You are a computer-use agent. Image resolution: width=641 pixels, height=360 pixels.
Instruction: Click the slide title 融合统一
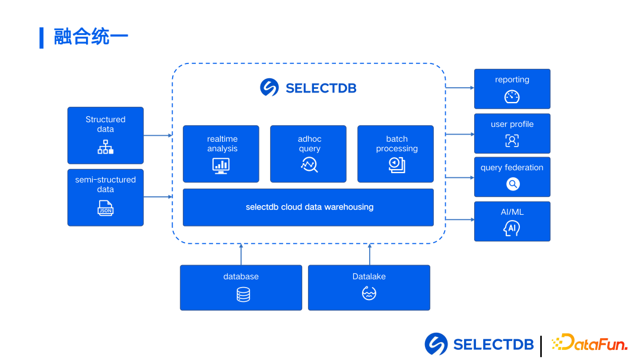[91, 37]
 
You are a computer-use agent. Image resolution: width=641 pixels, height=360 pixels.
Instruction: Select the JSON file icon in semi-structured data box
[105, 208]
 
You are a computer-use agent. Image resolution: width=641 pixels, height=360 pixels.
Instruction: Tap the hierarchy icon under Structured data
[105, 147]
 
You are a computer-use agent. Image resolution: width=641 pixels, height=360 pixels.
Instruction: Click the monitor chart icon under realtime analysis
[221, 165]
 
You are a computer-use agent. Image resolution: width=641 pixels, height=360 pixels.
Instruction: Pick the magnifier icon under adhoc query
[309, 165]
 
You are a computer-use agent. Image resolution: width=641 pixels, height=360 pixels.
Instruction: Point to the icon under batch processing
[396, 165]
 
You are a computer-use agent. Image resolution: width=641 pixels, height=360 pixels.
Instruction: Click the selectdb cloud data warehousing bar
[308, 207]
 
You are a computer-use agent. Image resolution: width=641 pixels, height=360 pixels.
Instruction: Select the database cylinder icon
[243, 294]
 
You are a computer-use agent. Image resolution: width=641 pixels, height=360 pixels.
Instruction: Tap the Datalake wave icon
[369, 293]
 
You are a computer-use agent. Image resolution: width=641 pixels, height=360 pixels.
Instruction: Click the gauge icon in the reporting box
[512, 97]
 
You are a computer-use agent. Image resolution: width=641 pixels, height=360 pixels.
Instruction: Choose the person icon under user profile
[512, 141]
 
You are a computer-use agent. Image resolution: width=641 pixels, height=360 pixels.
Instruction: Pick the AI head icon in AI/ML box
[511, 228]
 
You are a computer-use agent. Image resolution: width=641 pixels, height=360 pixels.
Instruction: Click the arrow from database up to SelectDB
[241, 254]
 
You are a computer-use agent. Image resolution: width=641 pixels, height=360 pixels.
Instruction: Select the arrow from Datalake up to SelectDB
[369, 254]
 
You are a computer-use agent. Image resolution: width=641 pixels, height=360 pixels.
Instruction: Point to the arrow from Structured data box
[158, 135]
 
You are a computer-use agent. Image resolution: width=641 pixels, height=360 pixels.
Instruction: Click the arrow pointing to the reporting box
[460, 88]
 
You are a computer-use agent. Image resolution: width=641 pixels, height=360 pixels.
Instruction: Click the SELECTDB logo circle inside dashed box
[269, 88]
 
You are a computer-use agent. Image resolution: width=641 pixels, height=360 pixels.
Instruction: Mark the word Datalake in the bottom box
[369, 276]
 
